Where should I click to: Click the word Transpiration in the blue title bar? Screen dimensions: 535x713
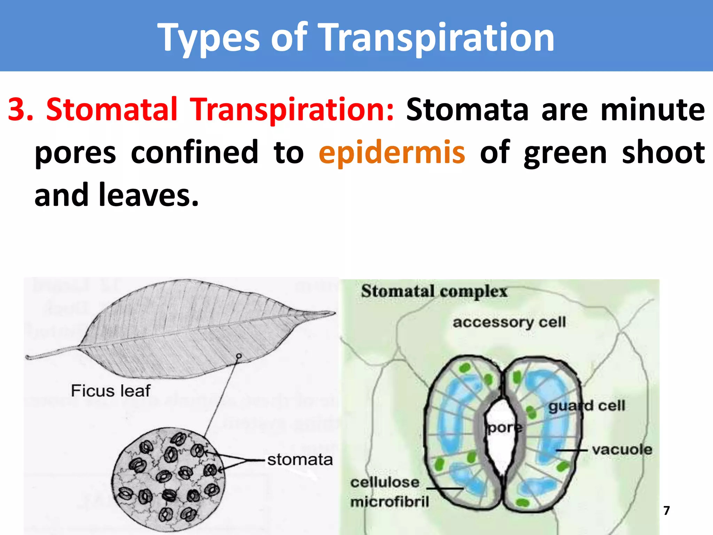pyautogui.click(x=437, y=38)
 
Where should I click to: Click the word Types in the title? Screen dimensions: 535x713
pyautogui.click(x=208, y=38)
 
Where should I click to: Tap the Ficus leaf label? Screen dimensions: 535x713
pyautogui.click(x=111, y=391)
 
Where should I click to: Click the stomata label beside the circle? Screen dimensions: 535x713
pyautogui.click(x=300, y=460)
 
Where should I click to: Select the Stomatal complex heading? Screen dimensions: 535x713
pyautogui.click(x=434, y=291)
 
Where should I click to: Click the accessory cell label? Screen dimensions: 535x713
pyautogui.click(x=509, y=323)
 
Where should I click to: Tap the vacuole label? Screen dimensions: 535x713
pyautogui.click(x=622, y=450)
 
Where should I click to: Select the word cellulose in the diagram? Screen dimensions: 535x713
pyautogui.click(x=385, y=482)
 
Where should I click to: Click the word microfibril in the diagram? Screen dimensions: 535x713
pyautogui.click(x=390, y=502)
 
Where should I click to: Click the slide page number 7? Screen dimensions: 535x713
pyautogui.click(x=666, y=511)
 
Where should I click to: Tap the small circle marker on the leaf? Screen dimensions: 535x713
pyautogui.click(x=239, y=356)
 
